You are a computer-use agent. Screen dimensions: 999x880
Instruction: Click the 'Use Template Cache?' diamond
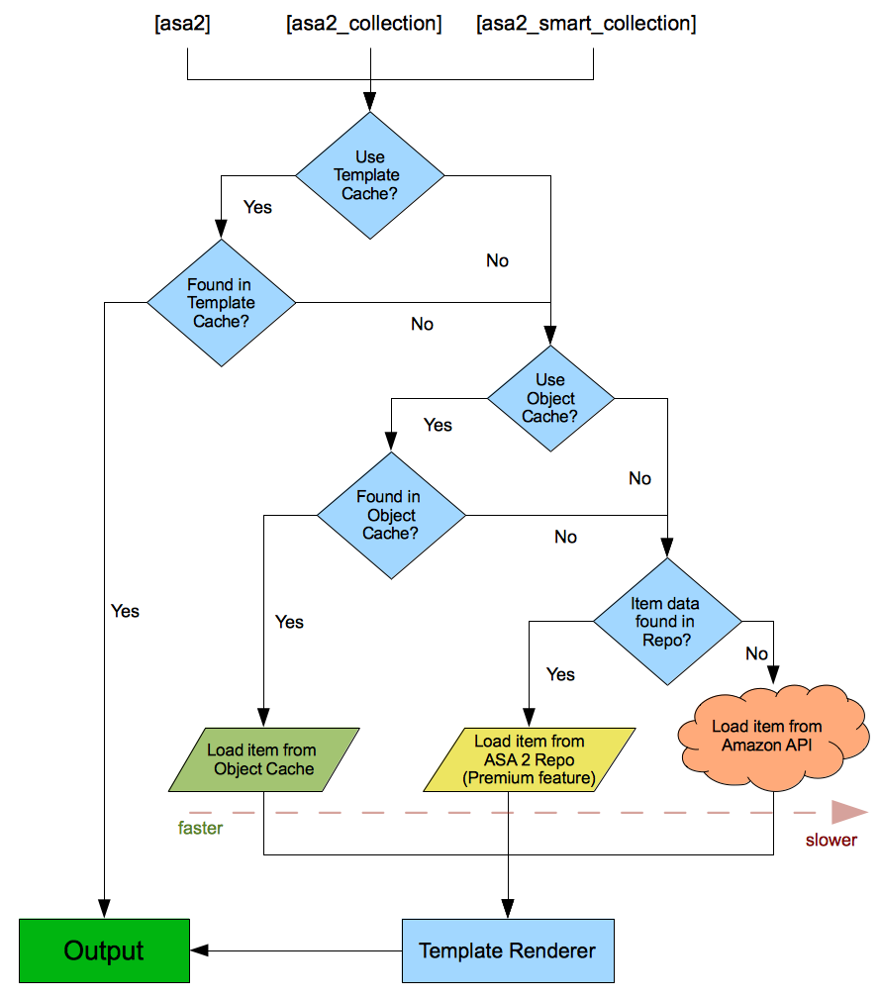coord(370,176)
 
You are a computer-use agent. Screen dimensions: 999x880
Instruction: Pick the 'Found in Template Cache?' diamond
coord(222,303)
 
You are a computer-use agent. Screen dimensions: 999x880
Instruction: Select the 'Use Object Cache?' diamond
coord(550,399)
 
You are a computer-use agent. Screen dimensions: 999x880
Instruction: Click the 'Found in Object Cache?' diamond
coord(391,515)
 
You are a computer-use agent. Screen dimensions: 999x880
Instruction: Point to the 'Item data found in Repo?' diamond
coord(666,622)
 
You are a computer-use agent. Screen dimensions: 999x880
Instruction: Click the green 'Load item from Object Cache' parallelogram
coord(262,759)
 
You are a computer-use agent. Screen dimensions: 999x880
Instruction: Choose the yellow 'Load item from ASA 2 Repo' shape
coord(530,759)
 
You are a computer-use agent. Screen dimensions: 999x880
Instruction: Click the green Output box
coord(104,950)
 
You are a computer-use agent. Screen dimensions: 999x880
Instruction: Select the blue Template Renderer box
coord(508,950)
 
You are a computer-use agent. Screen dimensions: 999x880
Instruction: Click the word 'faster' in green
coord(200,828)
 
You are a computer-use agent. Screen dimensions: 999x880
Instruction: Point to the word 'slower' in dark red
coord(831,840)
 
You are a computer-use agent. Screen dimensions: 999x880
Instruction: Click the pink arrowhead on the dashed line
coord(849,812)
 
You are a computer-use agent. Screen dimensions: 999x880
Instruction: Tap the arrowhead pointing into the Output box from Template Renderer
coord(199,950)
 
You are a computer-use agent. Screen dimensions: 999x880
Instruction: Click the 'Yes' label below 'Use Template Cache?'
coord(257,208)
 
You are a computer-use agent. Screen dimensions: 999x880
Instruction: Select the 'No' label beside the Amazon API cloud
coord(756,653)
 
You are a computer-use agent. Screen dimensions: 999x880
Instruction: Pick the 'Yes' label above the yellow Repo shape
coord(560,674)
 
